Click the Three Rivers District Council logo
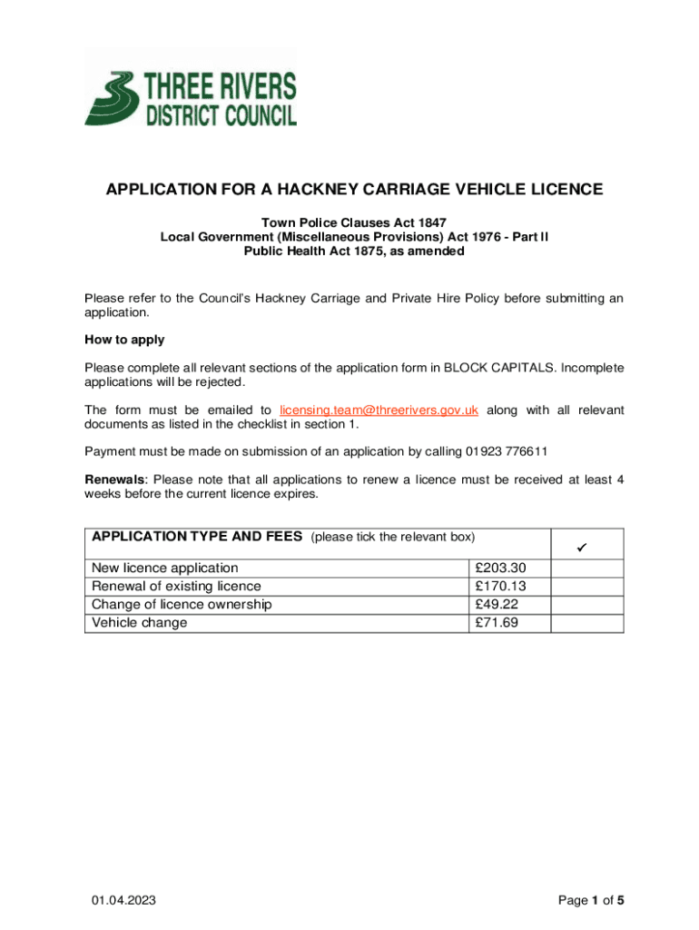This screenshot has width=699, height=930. tap(191, 86)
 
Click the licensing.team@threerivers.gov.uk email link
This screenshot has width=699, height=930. tap(379, 410)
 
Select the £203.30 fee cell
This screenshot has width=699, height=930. tap(500, 568)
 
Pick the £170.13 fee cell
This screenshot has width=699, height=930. tap(500, 586)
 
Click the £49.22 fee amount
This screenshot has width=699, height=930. tap(497, 604)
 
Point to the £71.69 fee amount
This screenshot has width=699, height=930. tap(497, 622)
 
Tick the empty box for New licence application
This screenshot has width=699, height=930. tap(587, 568)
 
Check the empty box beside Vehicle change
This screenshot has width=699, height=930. tap(587, 622)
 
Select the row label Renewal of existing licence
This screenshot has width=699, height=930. tap(176, 586)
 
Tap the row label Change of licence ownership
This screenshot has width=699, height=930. tap(182, 604)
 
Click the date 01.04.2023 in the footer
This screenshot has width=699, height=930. tap(123, 900)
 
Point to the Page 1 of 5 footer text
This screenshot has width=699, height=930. tap(591, 900)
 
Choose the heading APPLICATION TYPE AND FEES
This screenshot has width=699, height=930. tap(196, 537)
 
